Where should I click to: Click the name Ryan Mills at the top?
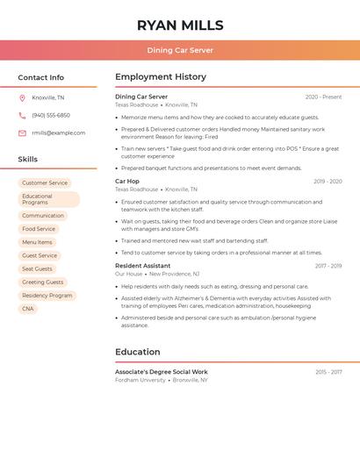180,25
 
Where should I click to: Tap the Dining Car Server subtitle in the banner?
180,50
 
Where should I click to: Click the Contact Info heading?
41,77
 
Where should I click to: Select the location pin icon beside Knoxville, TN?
22,97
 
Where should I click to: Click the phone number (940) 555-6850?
51,115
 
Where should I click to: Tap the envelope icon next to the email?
22,133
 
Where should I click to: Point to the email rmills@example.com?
59,133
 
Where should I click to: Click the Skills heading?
28,160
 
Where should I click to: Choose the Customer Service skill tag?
45,182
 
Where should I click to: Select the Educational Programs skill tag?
48,199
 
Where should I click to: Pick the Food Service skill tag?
39,229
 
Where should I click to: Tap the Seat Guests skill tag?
38,268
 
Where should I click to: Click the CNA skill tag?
28,309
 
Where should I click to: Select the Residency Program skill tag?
47,296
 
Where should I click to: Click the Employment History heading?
161,77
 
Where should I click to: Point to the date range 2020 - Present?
323,97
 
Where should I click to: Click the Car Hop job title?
127,182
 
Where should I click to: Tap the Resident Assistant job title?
143,266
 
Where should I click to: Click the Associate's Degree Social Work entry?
162,372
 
